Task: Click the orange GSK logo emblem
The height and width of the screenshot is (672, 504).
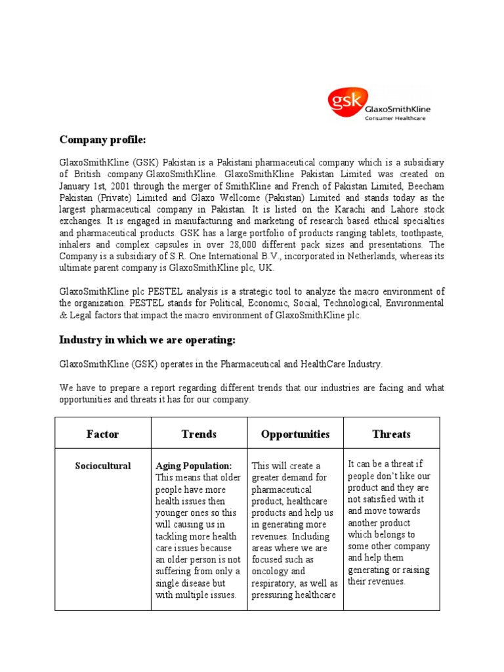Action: pos(345,101)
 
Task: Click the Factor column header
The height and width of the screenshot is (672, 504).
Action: pos(103,434)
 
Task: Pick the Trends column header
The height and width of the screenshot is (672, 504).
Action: pos(199,434)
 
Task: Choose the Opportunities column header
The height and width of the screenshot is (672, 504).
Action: pos(295,434)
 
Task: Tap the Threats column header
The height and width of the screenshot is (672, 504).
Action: pos(391,434)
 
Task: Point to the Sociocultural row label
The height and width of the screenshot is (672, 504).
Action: pos(103,466)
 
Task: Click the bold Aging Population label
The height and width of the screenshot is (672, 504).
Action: pos(194,465)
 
